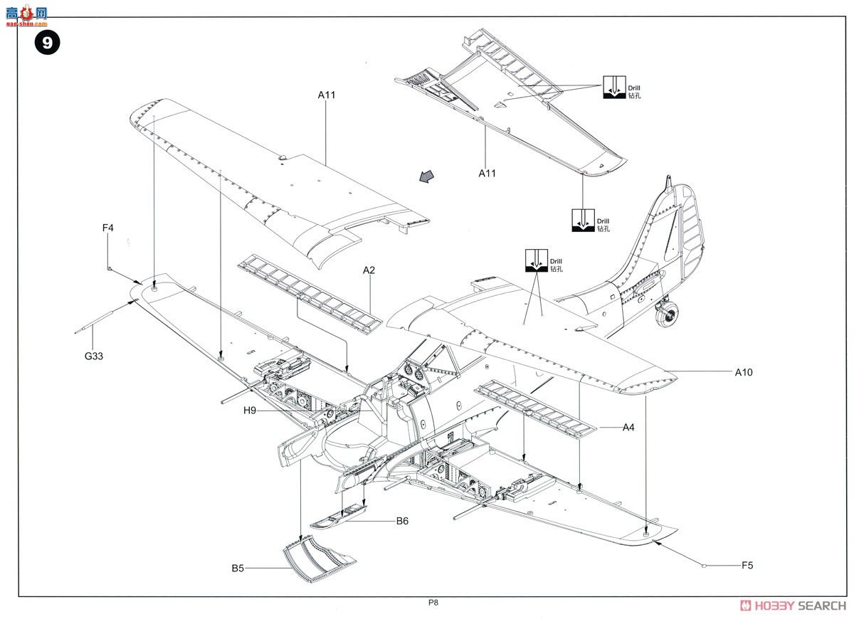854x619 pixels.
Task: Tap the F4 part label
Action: click(x=107, y=228)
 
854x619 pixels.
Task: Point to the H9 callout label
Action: click(x=250, y=411)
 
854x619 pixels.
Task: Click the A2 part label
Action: click(x=369, y=270)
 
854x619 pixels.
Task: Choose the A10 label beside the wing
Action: click(x=743, y=372)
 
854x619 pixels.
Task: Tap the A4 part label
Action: click(x=628, y=428)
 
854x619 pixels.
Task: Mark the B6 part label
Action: click(x=403, y=521)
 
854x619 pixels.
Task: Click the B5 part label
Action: click(x=238, y=568)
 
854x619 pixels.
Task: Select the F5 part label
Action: click(x=747, y=566)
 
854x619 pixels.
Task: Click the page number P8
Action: click(x=433, y=603)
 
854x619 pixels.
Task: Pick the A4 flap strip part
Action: click(x=537, y=408)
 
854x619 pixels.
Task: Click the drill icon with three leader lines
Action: click(x=611, y=87)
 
